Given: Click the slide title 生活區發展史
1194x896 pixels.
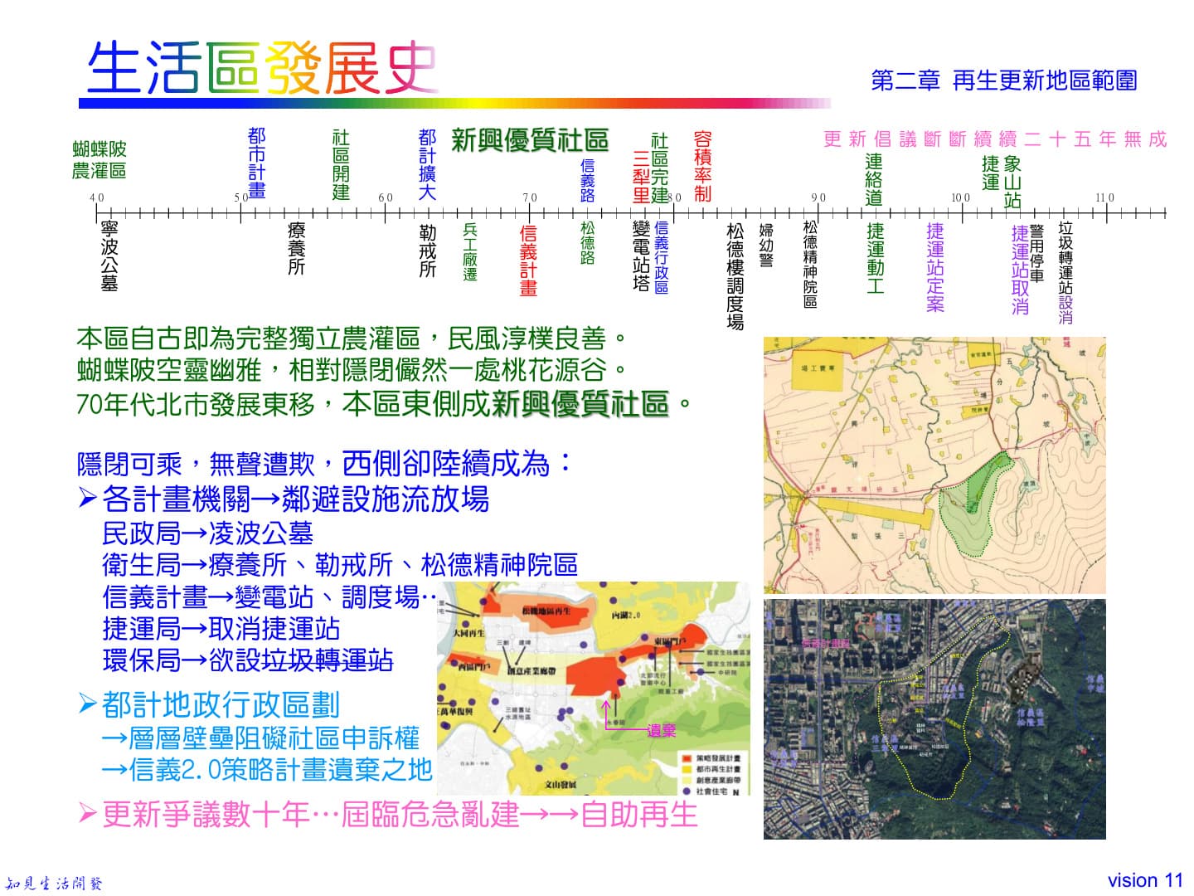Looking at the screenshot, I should point(262,67).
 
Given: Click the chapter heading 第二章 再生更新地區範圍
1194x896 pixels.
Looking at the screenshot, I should point(1003,80).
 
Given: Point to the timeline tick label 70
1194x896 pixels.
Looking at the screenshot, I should point(530,197).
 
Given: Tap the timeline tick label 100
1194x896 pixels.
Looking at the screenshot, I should point(960,197).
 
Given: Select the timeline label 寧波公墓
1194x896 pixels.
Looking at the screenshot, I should point(109,256).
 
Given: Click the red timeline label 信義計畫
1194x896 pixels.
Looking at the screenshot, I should point(528,260).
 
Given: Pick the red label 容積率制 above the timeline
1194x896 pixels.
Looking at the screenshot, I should point(702,166).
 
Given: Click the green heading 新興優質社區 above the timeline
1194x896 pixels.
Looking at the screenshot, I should point(530,140).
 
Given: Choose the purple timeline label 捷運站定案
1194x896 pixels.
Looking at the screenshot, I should point(935,266).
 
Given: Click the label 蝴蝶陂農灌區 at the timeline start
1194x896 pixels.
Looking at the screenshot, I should point(99,160).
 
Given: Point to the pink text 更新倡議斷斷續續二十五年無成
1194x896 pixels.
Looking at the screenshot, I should point(995,139).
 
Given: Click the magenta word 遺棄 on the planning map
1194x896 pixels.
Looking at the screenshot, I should point(662,730).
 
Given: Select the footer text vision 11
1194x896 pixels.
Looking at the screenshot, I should point(1145,880).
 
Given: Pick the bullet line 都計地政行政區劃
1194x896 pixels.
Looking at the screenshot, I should point(220,704).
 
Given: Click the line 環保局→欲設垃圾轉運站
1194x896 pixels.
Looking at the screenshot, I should point(247,660).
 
